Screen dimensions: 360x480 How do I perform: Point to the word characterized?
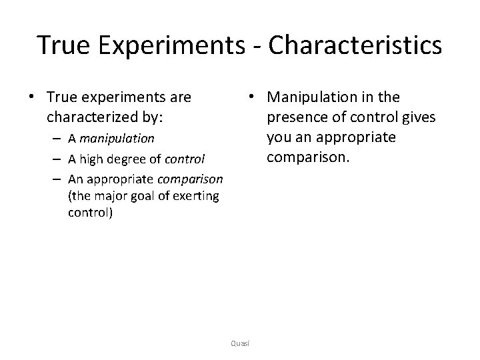click(87, 117)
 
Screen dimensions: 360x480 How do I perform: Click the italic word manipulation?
click(116, 139)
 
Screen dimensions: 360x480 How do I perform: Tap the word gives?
click(419, 117)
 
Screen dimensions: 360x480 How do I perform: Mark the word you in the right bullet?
click(279, 138)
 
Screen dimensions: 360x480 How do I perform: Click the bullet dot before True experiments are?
click(31, 98)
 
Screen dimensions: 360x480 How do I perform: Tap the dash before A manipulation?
click(58, 139)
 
